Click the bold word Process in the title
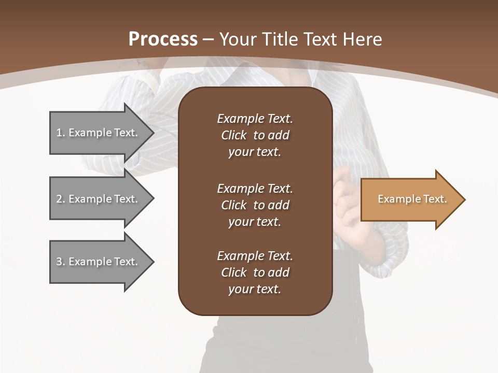point(163,39)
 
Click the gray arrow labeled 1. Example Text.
point(97,133)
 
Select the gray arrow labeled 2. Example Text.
point(97,199)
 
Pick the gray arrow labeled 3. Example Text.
point(97,262)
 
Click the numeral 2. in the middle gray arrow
point(61,199)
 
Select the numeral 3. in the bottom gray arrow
point(61,262)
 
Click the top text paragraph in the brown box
point(255,135)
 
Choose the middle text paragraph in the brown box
point(255,205)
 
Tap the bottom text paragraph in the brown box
point(255,272)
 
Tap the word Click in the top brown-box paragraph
point(233,135)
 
